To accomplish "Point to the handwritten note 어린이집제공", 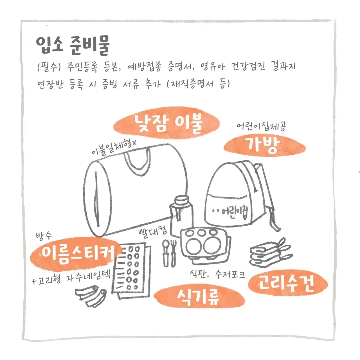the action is click(261, 127).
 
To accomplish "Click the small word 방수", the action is click(44, 236).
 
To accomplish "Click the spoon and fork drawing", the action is click(169, 253).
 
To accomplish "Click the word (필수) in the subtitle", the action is click(49, 67).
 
